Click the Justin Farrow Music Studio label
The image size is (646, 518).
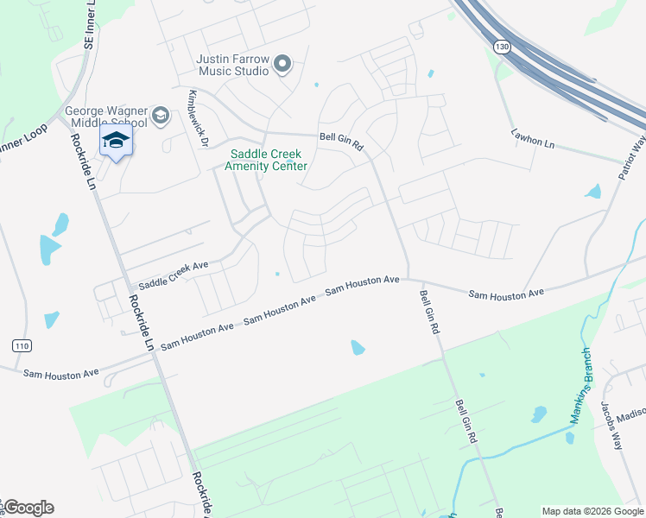pos(232,65)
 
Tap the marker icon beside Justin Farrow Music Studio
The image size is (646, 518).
pos(282,65)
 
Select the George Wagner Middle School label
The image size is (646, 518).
pos(106,117)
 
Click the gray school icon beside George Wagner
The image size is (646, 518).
pos(160,115)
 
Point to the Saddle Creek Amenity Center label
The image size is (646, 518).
pos(266,160)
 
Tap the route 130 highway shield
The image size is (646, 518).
pos(502,45)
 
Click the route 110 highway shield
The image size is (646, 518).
pos(22,346)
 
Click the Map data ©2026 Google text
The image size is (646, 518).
pos(592,511)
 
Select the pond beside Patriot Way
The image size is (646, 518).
pos(593,192)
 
